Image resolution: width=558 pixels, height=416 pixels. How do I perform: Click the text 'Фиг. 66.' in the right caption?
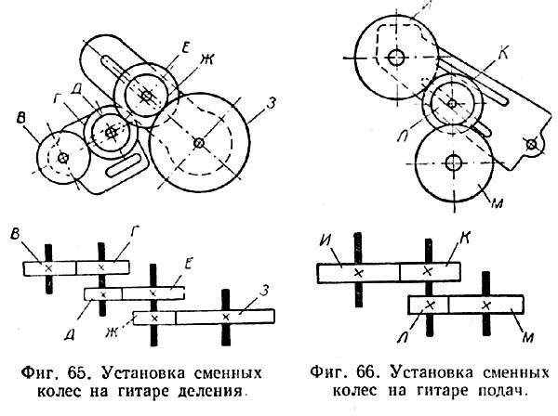point(337,375)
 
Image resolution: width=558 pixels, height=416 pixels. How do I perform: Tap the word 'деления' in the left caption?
point(216,392)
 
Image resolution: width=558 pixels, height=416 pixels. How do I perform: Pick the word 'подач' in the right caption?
point(502,392)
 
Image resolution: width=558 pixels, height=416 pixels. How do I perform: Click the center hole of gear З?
point(199,143)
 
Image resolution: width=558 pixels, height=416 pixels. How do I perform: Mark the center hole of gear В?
point(62,159)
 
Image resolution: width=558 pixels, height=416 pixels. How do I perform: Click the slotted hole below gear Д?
point(123,168)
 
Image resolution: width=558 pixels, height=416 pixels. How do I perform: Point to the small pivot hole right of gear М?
point(531,144)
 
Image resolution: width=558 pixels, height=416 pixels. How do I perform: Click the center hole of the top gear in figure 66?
point(397,57)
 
